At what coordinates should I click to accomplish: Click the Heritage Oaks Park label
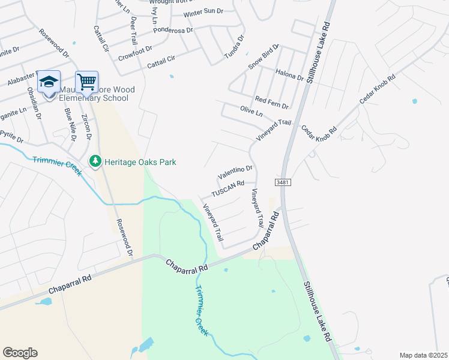140,162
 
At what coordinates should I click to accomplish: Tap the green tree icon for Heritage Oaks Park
95,161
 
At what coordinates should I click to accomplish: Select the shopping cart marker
87,82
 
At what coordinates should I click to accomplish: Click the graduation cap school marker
49,82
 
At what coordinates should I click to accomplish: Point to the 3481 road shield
283,181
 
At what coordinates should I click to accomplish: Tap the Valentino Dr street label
235,173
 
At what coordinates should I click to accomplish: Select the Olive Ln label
252,113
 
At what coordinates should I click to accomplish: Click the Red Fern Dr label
272,102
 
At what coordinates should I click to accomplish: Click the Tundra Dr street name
235,47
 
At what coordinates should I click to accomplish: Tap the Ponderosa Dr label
173,31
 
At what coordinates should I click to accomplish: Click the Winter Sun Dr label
203,13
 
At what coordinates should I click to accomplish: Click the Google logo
20,353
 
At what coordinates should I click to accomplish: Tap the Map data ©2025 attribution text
423,355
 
